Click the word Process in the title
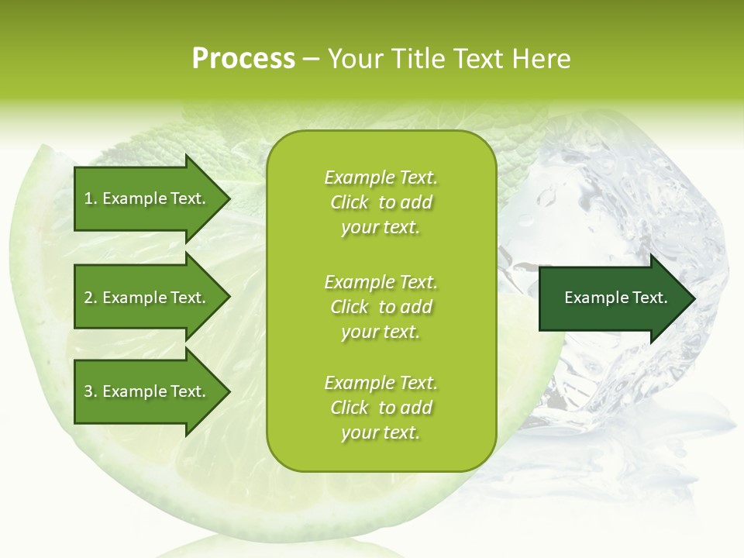(243, 59)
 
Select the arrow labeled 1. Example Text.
(147, 198)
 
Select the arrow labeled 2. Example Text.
(147, 298)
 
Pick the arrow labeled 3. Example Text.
(147, 391)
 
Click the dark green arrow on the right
(612, 298)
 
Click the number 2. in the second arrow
(90, 298)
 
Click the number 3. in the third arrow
(90, 391)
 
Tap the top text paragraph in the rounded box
(381, 202)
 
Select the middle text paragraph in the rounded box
(381, 307)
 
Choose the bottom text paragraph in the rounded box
(381, 408)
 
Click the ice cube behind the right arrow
(620, 194)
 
